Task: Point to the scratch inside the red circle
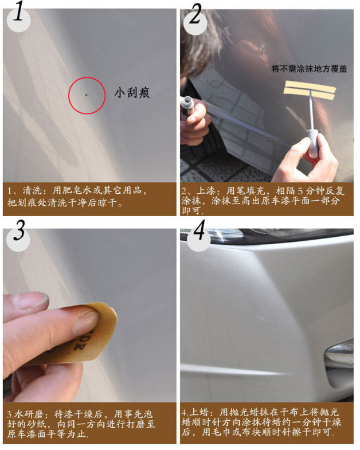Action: (87, 95)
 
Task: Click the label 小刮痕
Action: (132, 92)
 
